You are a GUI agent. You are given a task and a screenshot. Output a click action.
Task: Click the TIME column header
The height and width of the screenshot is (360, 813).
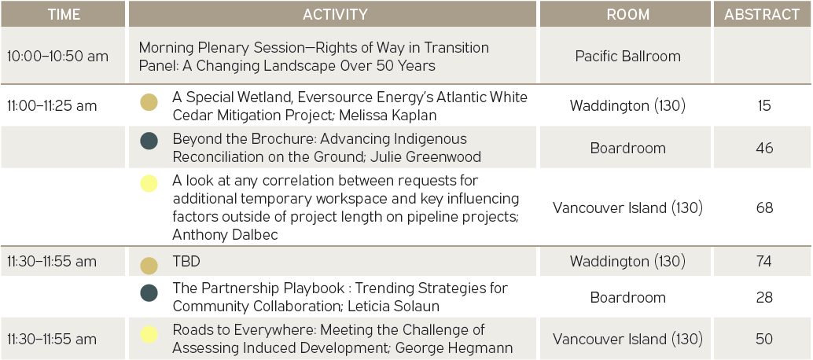[x=64, y=14]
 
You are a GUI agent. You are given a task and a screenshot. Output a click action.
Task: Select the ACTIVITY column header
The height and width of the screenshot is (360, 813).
[x=335, y=14]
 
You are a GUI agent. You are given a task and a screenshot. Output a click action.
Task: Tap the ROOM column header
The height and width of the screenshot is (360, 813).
[x=628, y=14]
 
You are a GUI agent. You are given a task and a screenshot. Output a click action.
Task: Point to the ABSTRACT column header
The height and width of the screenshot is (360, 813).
[x=762, y=14]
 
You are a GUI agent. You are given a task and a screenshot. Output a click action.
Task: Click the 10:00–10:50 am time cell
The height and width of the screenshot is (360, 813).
[x=57, y=56]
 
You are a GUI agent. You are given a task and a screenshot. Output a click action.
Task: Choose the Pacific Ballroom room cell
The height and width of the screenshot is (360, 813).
[x=628, y=56]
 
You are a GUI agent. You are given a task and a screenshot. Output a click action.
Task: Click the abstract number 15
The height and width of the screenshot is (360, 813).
[x=764, y=105]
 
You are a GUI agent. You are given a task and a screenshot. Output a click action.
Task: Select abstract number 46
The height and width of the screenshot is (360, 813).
[x=764, y=148]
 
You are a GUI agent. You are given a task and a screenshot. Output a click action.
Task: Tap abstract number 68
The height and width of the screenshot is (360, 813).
[x=764, y=208]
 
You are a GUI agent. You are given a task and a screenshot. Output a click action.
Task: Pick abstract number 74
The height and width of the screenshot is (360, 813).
[x=764, y=262]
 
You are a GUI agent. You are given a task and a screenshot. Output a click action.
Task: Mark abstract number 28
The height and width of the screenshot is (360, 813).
[x=764, y=297]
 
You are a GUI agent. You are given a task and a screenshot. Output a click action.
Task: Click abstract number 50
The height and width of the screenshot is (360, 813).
[x=764, y=340]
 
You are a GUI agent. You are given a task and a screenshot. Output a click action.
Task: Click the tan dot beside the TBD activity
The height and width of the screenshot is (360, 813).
[x=149, y=265]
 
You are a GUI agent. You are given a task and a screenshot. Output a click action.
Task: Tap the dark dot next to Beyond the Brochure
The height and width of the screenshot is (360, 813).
[x=149, y=141]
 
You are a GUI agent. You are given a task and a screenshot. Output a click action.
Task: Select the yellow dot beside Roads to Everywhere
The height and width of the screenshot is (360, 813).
[x=149, y=333]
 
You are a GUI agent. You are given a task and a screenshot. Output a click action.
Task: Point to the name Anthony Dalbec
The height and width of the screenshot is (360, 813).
[x=226, y=235]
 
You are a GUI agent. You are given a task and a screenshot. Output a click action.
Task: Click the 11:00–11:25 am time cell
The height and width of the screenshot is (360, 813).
[x=52, y=105]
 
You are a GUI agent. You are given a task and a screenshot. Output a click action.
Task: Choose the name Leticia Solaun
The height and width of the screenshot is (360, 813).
[x=394, y=306]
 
